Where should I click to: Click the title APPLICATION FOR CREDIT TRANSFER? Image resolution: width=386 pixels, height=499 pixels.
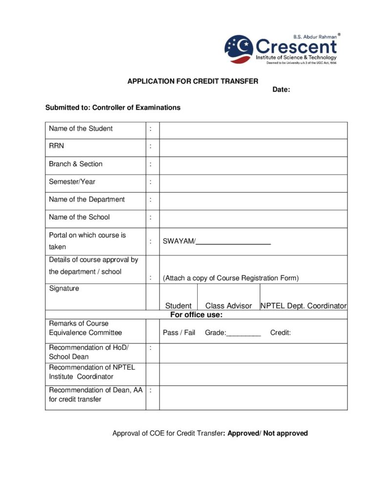(193, 81)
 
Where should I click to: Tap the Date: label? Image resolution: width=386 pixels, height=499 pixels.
(281, 90)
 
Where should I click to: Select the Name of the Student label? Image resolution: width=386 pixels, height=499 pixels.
(81, 129)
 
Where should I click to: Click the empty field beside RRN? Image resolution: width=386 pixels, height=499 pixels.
(253, 146)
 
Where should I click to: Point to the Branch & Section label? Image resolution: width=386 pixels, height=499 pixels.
(76, 164)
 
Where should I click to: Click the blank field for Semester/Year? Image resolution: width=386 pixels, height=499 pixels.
(253, 182)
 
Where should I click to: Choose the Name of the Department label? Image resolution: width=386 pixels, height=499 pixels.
(86, 199)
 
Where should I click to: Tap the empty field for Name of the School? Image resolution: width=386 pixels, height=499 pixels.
(253, 217)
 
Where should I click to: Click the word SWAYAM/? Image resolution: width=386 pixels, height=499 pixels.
(179, 242)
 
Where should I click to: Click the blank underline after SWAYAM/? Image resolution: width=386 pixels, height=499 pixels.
(233, 242)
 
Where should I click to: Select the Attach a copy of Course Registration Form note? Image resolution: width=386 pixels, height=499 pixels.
(230, 278)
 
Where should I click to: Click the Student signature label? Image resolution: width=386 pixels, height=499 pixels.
(178, 306)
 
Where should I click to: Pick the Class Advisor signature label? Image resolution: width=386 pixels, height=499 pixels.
(228, 306)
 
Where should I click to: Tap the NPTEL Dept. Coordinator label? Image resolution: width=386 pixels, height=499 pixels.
(304, 306)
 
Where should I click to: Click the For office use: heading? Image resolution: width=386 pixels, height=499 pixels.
(196, 315)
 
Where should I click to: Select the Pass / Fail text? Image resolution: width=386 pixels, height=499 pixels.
(179, 333)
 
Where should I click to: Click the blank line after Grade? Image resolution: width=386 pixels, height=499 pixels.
(244, 334)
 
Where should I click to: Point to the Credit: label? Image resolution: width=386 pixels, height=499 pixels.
(281, 333)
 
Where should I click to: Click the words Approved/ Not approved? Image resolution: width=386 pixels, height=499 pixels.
(268, 433)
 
